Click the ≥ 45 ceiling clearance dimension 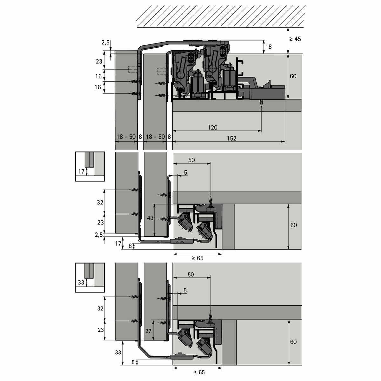click(x=295, y=39)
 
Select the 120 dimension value click(x=212, y=127)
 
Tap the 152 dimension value click(x=231, y=138)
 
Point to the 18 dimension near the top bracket click(x=269, y=47)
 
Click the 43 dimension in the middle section click(x=150, y=218)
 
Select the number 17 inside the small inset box click(x=81, y=171)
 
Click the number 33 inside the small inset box click(x=81, y=282)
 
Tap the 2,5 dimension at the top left click(x=105, y=42)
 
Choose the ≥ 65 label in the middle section click(x=197, y=258)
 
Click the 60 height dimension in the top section click(x=293, y=76)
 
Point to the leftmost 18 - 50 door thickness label click(x=126, y=137)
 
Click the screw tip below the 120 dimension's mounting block click(x=261, y=108)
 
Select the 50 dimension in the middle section click(x=191, y=160)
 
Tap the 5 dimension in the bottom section click(x=185, y=290)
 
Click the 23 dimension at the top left click(x=99, y=62)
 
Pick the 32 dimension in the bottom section click(x=100, y=308)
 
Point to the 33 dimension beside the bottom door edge click(x=118, y=352)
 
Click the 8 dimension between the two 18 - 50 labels click(x=140, y=137)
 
